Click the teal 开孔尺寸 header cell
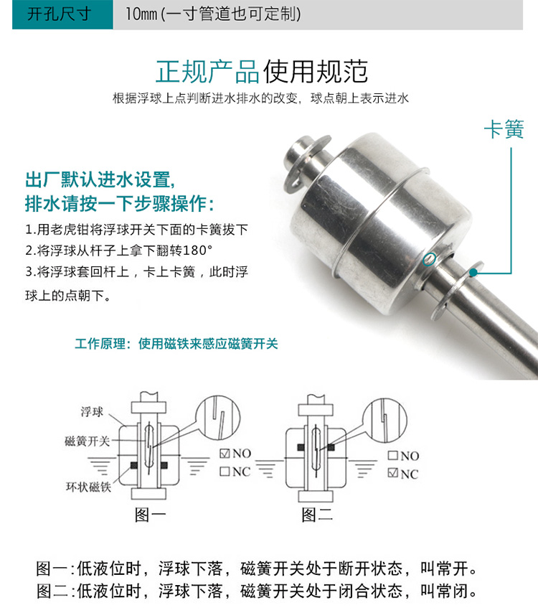(x=62, y=14)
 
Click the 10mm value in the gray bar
(x=141, y=14)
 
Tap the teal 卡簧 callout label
(x=504, y=129)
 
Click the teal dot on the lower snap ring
(x=473, y=272)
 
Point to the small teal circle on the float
(x=430, y=258)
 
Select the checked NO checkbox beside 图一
(x=225, y=454)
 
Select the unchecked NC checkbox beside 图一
(x=225, y=472)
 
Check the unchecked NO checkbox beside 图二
(x=392, y=456)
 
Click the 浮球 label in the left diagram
(x=93, y=412)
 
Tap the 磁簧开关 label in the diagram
(x=87, y=441)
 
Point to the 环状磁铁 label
(x=89, y=487)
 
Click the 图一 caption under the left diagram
(x=151, y=515)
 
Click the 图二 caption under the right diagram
(x=317, y=515)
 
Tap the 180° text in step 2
(x=197, y=251)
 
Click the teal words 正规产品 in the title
(x=208, y=72)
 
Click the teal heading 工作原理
(x=100, y=344)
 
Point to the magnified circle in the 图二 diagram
(x=384, y=421)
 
